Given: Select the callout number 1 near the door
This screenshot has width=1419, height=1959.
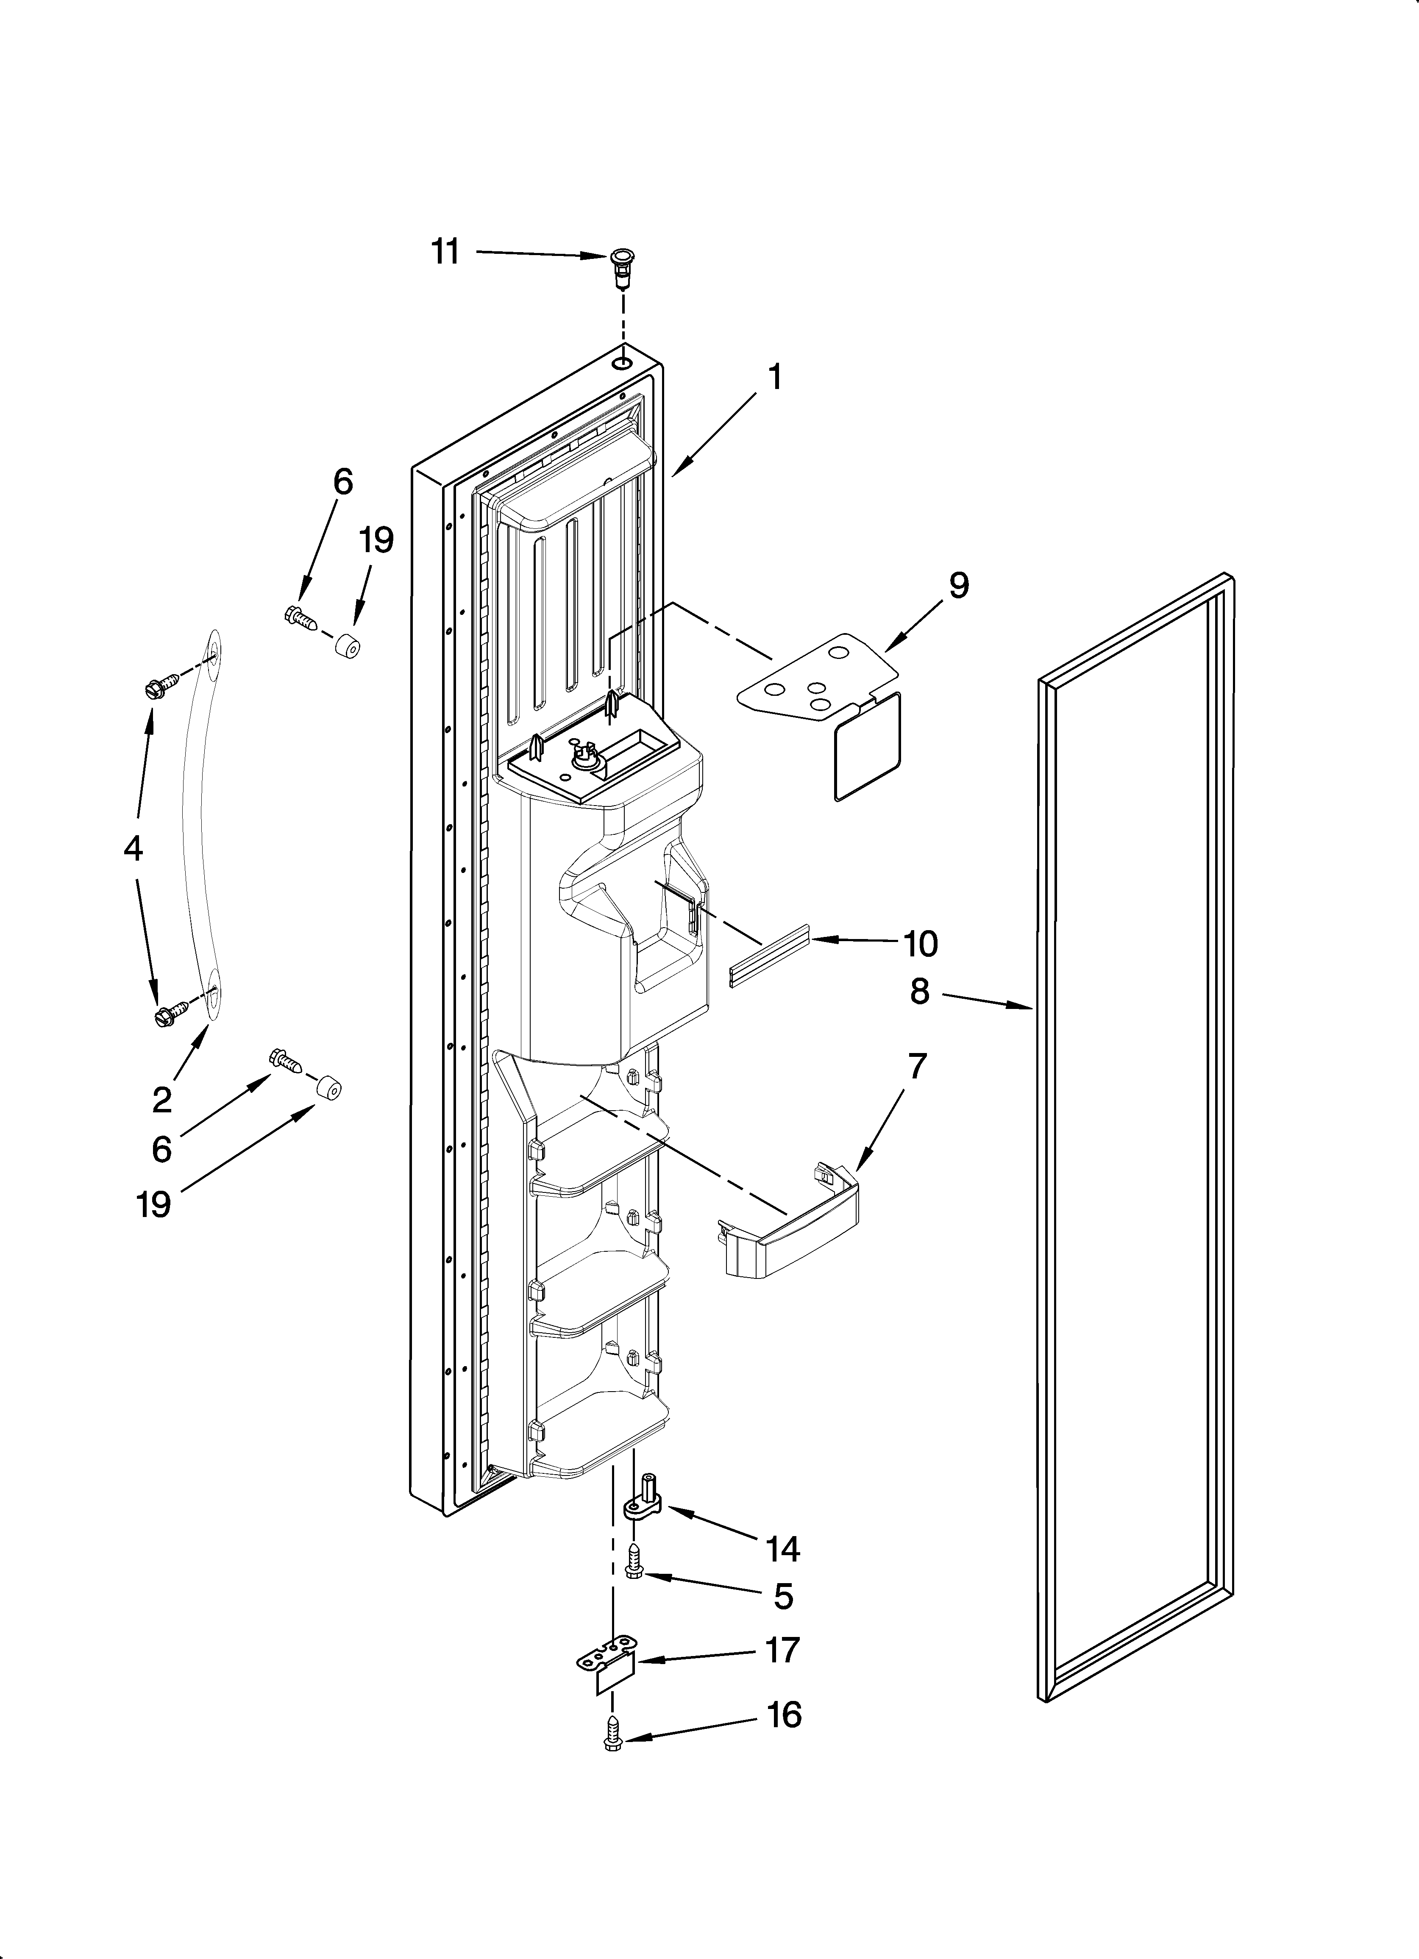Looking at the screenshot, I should (775, 378).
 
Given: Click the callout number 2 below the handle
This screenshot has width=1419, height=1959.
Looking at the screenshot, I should (161, 1100).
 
